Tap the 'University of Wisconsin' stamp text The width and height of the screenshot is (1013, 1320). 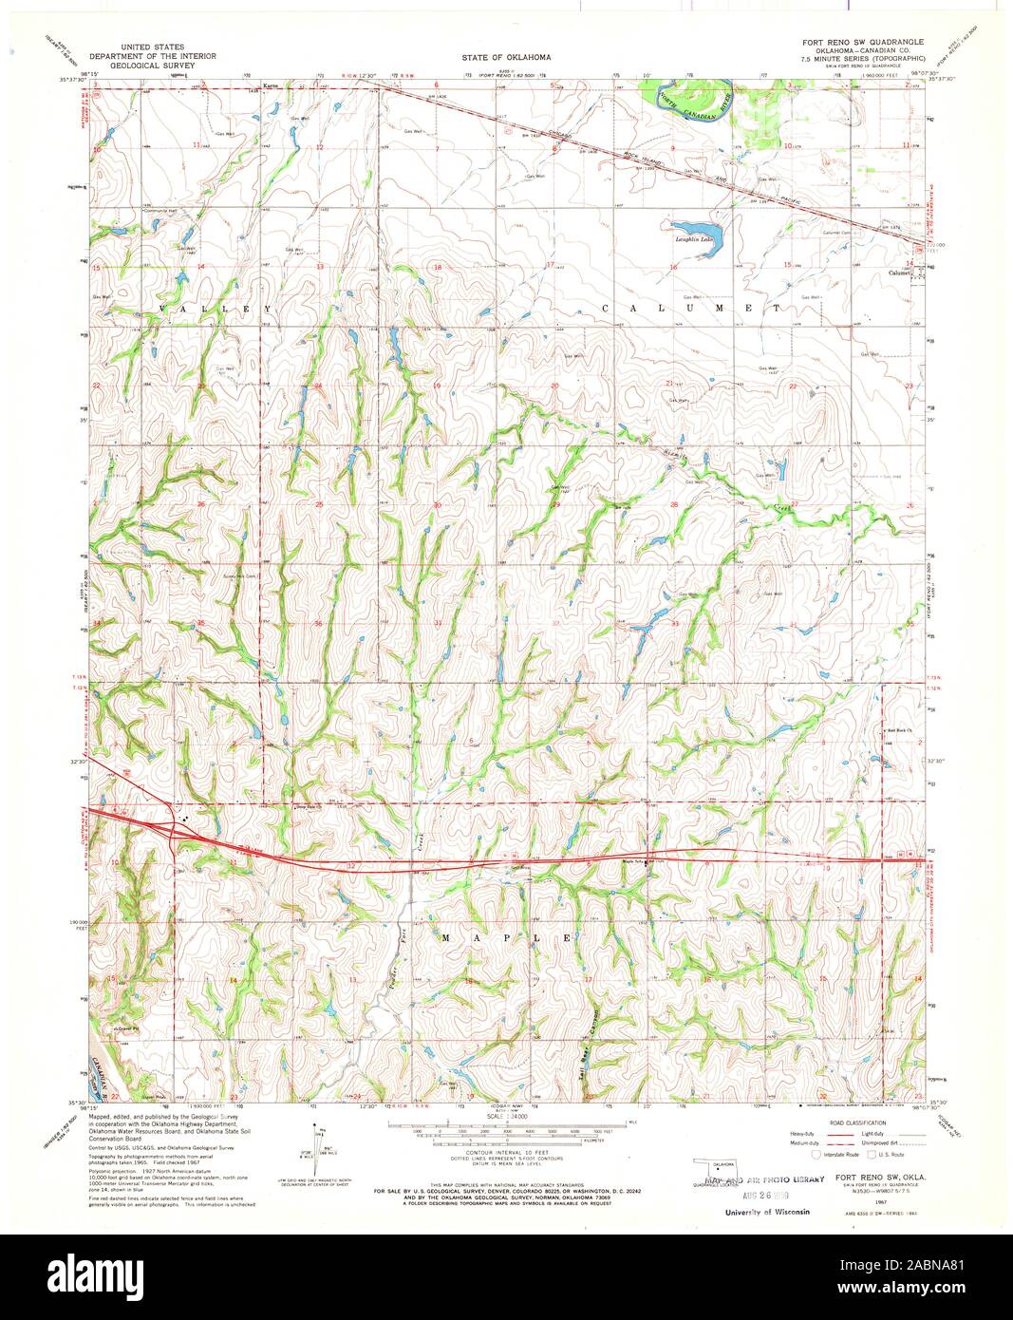pyautogui.click(x=767, y=1213)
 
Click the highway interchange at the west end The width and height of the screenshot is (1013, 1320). pyautogui.click(x=173, y=828)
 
